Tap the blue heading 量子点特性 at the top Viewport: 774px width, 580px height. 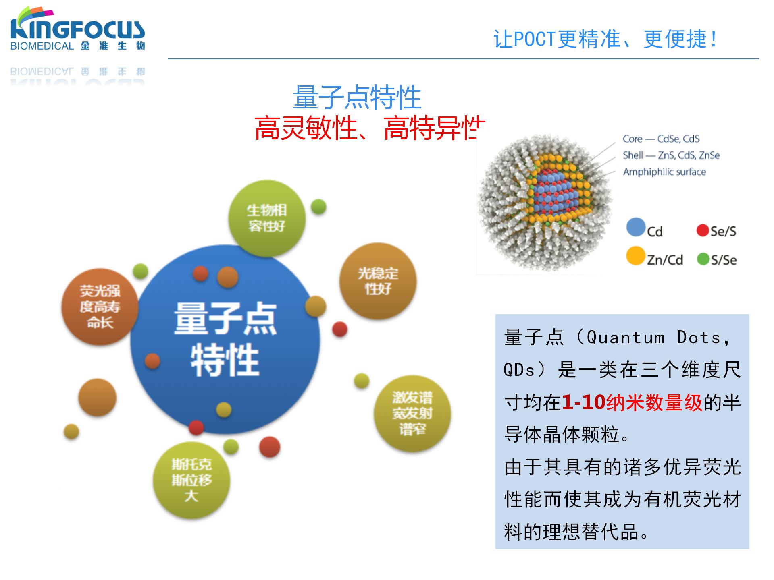tap(357, 97)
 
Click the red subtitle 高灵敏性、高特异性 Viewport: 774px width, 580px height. tap(370, 128)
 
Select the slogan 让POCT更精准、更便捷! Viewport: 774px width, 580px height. tap(605, 39)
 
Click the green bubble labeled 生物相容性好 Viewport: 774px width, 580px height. tap(266, 218)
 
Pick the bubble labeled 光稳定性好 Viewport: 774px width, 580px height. tap(378, 281)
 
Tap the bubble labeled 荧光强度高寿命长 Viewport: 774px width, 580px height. tap(100, 307)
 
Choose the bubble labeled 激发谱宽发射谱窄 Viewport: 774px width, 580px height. tap(412, 414)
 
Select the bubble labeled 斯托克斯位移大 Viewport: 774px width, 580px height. tap(191, 480)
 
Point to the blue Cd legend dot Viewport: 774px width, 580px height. tap(636, 227)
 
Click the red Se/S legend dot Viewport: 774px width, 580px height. tap(702, 230)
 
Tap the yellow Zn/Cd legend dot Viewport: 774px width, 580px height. tap(635, 256)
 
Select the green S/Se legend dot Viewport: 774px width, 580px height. tap(703, 259)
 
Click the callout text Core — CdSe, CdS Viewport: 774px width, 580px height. tap(661, 139)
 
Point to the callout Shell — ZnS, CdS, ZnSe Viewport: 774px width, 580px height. tap(671, 155)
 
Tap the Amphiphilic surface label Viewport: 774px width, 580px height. tap(664, 172)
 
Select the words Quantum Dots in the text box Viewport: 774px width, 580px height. tap(653, 338)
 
